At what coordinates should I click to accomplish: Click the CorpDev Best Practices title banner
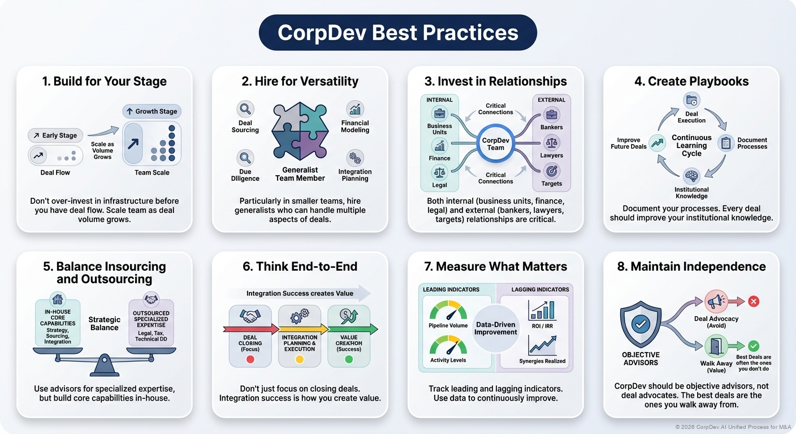(x=397, y=32)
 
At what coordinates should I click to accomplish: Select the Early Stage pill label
(x=55, y=136)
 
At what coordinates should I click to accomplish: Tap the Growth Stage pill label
(x=152, y=111)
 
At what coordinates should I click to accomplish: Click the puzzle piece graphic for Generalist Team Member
(x=299, y=133)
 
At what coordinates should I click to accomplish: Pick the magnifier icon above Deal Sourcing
(x=245, y=109)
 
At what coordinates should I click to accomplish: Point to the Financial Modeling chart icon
(x=355, y=109)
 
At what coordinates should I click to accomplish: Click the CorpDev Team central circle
(x=495, y=144)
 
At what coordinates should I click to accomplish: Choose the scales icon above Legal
(x=439, y=172)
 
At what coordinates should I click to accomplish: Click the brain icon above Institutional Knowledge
(x=691, y=176)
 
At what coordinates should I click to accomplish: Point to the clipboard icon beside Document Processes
(x=725, y=143)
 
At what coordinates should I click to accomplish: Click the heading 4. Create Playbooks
(x=691, y=81)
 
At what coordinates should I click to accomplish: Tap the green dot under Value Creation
(x=349, y=359)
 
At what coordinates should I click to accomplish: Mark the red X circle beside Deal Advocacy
(x=754, y=301)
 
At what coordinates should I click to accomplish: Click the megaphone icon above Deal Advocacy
(x=716, y=301)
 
